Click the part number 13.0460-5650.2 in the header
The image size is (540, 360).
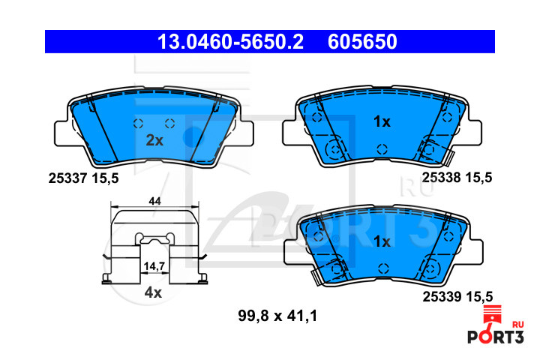point(230,42)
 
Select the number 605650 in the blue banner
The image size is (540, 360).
point(362,42)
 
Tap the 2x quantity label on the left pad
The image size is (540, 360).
point(154,140)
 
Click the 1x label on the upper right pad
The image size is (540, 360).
point(382,121)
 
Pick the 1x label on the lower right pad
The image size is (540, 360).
point(382,241)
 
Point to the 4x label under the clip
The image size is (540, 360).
point(153,292)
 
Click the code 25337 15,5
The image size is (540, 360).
point(83,178)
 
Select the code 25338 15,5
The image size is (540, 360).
point(457,178)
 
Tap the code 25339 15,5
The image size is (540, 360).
point(457,296)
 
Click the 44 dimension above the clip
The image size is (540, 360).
point(154,201)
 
